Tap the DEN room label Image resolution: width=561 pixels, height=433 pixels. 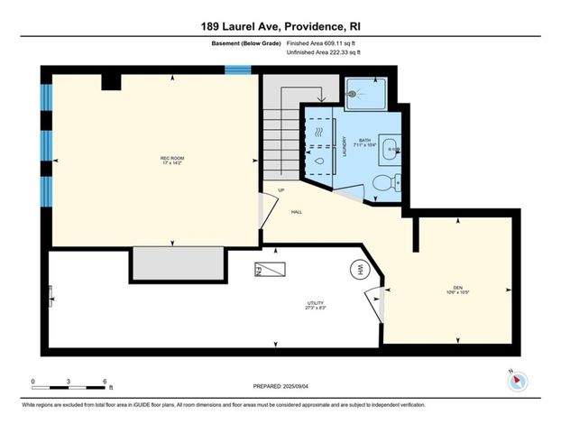tap(458, 290)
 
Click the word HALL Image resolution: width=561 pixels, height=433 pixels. tap(296, 212)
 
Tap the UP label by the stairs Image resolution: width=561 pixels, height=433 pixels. tap(280, 189)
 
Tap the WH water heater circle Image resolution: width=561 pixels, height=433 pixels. tap(359, 269)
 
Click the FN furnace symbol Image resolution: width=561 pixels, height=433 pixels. tap(271, 269)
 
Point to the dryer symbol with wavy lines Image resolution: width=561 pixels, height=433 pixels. tap(319, 133)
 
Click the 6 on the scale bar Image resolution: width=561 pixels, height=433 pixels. tap(106, 382)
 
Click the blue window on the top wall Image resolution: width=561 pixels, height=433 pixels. tap(237, 69)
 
